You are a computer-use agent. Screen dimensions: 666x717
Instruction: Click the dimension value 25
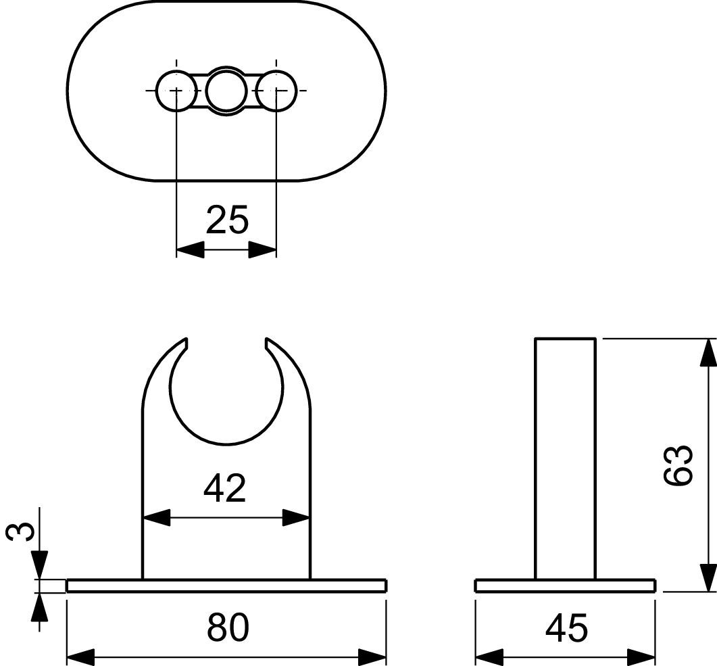227,220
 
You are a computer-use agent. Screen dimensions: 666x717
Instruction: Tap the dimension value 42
225,488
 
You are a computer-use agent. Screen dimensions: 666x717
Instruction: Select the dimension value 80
228,627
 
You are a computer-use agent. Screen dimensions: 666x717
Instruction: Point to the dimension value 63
678,465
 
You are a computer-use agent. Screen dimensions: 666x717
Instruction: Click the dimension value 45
566,627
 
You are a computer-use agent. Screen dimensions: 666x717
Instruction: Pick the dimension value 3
20,532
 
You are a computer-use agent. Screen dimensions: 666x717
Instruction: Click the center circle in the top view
226,91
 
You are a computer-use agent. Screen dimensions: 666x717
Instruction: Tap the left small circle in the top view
176,91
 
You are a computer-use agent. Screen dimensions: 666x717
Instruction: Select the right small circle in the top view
277,91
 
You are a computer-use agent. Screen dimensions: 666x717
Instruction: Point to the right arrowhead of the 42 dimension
296,519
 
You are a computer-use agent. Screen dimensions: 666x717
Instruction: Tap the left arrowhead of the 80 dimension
80,657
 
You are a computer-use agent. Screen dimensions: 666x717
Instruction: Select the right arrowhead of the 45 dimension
642,657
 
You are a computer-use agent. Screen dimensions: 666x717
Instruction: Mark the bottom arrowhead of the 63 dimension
708,578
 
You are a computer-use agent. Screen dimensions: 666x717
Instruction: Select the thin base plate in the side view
565,586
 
